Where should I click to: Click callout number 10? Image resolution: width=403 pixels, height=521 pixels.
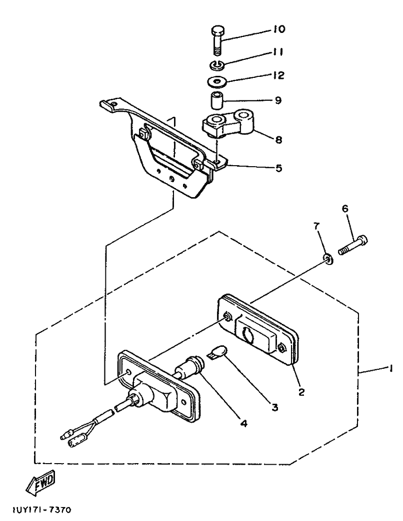click(278, 29)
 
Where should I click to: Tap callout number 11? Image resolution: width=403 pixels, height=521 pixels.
click(278, 52)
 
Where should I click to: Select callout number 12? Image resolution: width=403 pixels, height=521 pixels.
click(278, 75)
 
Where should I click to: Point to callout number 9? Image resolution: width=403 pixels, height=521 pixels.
click(278, 100)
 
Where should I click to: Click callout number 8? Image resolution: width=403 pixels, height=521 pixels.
click(278, 140)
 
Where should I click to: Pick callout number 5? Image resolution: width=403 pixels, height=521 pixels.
click(278, 168)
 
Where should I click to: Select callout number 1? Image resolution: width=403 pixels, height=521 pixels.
click(387, 369)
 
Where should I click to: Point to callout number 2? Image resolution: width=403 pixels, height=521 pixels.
click(301, 392)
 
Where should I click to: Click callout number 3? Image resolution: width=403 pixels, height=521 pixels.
click(274, 407)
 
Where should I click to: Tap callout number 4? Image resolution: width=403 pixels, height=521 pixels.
click(243, 423)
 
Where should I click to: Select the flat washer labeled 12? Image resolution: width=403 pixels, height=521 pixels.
click(216, 80)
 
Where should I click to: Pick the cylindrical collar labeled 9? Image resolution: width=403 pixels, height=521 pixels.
click(215, 100)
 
